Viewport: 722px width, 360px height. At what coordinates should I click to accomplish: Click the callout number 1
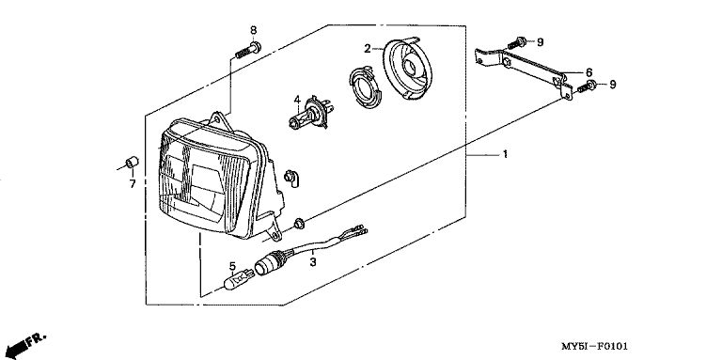click(x=505, y=154)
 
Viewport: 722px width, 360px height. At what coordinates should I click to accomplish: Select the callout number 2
click(x=367, y=48)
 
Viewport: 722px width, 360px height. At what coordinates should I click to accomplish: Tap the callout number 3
click(x=313, y=262)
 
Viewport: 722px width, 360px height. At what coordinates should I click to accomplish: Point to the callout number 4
click(x=297, y=100)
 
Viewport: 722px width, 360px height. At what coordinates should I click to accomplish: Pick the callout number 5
click(x=232, y=266)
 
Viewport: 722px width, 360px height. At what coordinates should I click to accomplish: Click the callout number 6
click(x=589, y=72)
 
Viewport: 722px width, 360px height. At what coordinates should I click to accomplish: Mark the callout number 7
click(x=133, y=183)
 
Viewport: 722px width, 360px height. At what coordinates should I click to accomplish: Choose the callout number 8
click(x=253, y=30)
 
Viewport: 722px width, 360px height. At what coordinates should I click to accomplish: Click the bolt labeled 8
click(x=248, y=50)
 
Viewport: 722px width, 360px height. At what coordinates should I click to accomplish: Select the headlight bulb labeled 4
click(x=308, y=114)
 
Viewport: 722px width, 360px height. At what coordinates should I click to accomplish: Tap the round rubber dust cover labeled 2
click(x=407, y=69)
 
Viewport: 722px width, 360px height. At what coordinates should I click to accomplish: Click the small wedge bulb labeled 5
click(x=239, y=279)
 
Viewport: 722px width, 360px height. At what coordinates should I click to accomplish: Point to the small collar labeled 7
click(x=133, y=163)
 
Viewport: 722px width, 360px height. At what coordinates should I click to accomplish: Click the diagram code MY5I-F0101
click(x=594, y=346)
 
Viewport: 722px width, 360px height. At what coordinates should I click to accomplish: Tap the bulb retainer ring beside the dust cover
click(x=364, y=87)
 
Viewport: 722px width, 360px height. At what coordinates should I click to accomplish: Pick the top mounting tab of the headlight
click(x=220, y=121)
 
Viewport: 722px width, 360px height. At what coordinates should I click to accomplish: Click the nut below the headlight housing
click(x=298, y=224)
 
